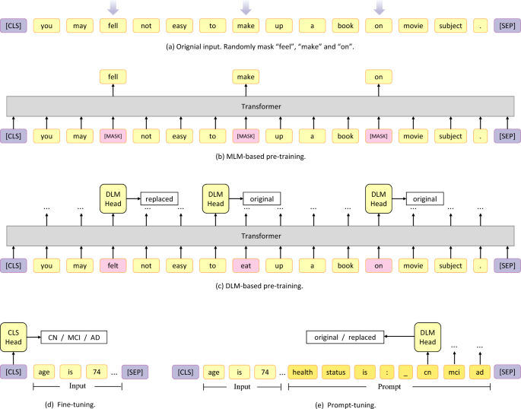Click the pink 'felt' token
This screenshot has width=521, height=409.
[x=113, y=266]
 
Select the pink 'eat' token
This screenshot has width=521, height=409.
[x=246, y=266]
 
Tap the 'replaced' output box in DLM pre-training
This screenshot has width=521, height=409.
[x=157, y=199]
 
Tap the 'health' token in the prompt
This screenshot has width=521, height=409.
[x=302, y=372]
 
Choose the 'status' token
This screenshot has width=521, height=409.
[x=335, y=372]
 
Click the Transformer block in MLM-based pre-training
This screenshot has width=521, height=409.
[x=260, y=106]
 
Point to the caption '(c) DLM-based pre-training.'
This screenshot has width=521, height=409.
[x=260, y=287]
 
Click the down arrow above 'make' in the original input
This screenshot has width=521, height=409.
[x=246, y=8]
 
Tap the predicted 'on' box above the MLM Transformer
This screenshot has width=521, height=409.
[x=380, y=76]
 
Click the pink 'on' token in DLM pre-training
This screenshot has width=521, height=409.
[x=380, y=266]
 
